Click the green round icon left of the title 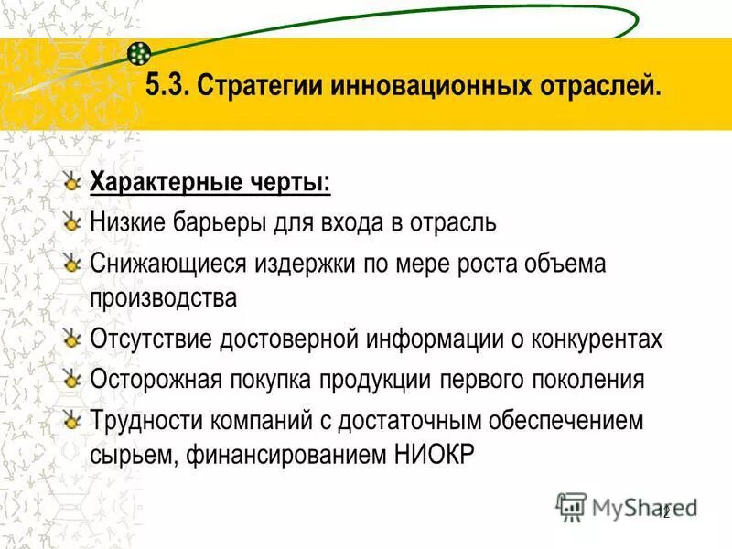[x=139, y=52]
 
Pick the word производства [x=163, y=297]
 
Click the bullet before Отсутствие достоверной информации [x=72, y=338]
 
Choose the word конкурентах [x=592, y=339]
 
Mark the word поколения [x=585, y=379]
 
